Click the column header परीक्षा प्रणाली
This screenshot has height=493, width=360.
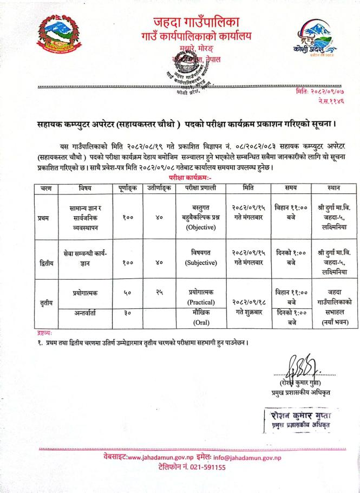(x=200, y=189)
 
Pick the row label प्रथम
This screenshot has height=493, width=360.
(x=43, y=218)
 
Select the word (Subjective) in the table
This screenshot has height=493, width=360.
(x=201, y=263)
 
